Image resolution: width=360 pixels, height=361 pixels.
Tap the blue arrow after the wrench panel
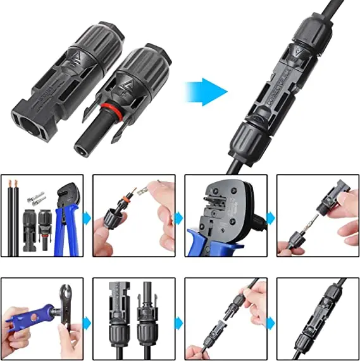(87, 324)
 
